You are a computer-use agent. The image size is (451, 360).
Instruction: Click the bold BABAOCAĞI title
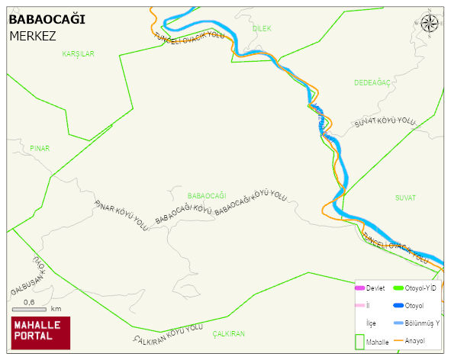tap(46, 19)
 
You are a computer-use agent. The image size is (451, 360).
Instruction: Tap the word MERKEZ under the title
tap(33, 35)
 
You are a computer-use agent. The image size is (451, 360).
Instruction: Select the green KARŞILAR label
tap(78, 54)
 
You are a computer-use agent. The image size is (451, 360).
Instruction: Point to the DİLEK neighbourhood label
tap(262, 28)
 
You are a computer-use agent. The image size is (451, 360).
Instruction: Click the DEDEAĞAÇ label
tap(372, 82)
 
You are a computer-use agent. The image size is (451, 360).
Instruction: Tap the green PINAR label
tap(39, 148)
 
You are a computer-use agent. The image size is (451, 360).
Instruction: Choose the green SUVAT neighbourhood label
tap(405, 198)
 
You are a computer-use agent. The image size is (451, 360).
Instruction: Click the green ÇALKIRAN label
tap(229, 334)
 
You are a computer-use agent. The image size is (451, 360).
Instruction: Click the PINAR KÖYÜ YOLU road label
tap(121, 216)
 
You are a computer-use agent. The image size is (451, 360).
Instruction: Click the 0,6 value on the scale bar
tap(30, 302)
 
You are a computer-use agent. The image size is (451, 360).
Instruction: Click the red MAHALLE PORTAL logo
tap(40, 333)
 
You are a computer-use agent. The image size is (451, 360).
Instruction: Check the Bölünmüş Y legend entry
tap(422, 323)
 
